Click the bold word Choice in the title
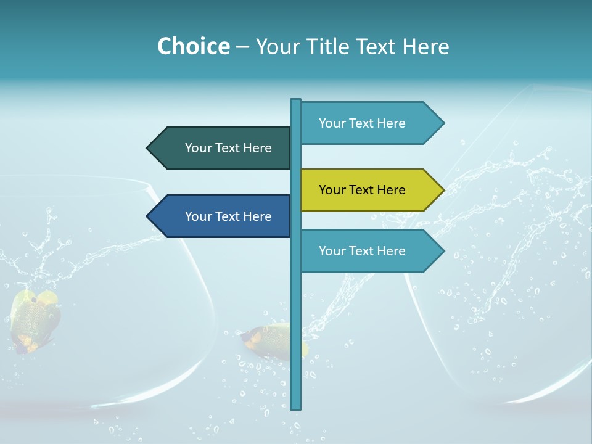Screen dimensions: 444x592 point(193,46)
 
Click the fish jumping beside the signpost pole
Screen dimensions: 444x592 point(271,340)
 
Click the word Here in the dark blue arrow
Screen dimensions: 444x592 point(257,216)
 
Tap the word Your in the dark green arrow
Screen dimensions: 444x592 point(199,148)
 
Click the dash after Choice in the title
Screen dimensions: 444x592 point(242,47)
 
